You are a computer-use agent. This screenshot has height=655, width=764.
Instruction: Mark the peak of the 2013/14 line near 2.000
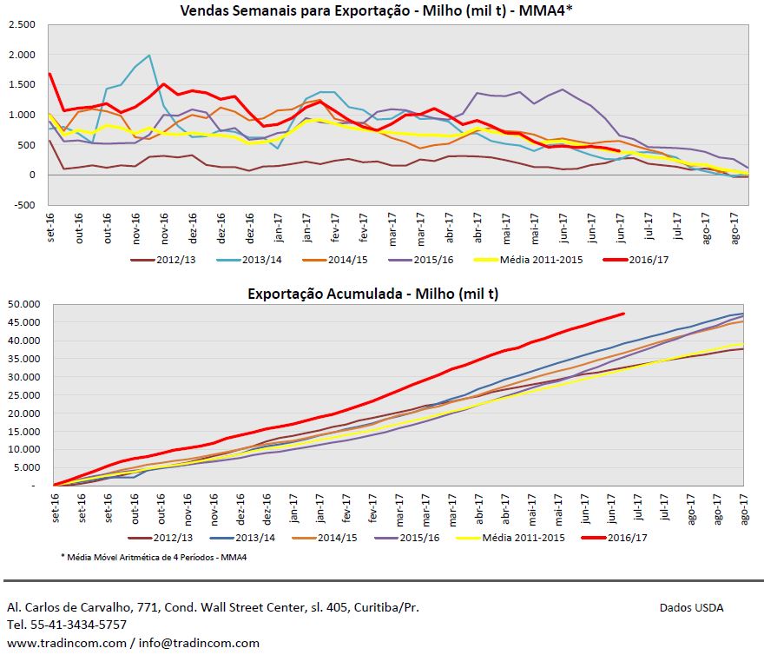point(149,56)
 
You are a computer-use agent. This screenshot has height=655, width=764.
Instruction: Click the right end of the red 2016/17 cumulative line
point(622,314)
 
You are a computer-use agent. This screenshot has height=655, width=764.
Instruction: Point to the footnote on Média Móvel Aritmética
point(154,557)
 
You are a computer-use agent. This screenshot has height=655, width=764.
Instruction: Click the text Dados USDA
point(691,607)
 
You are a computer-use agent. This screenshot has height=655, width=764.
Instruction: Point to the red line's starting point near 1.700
point(50,74)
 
